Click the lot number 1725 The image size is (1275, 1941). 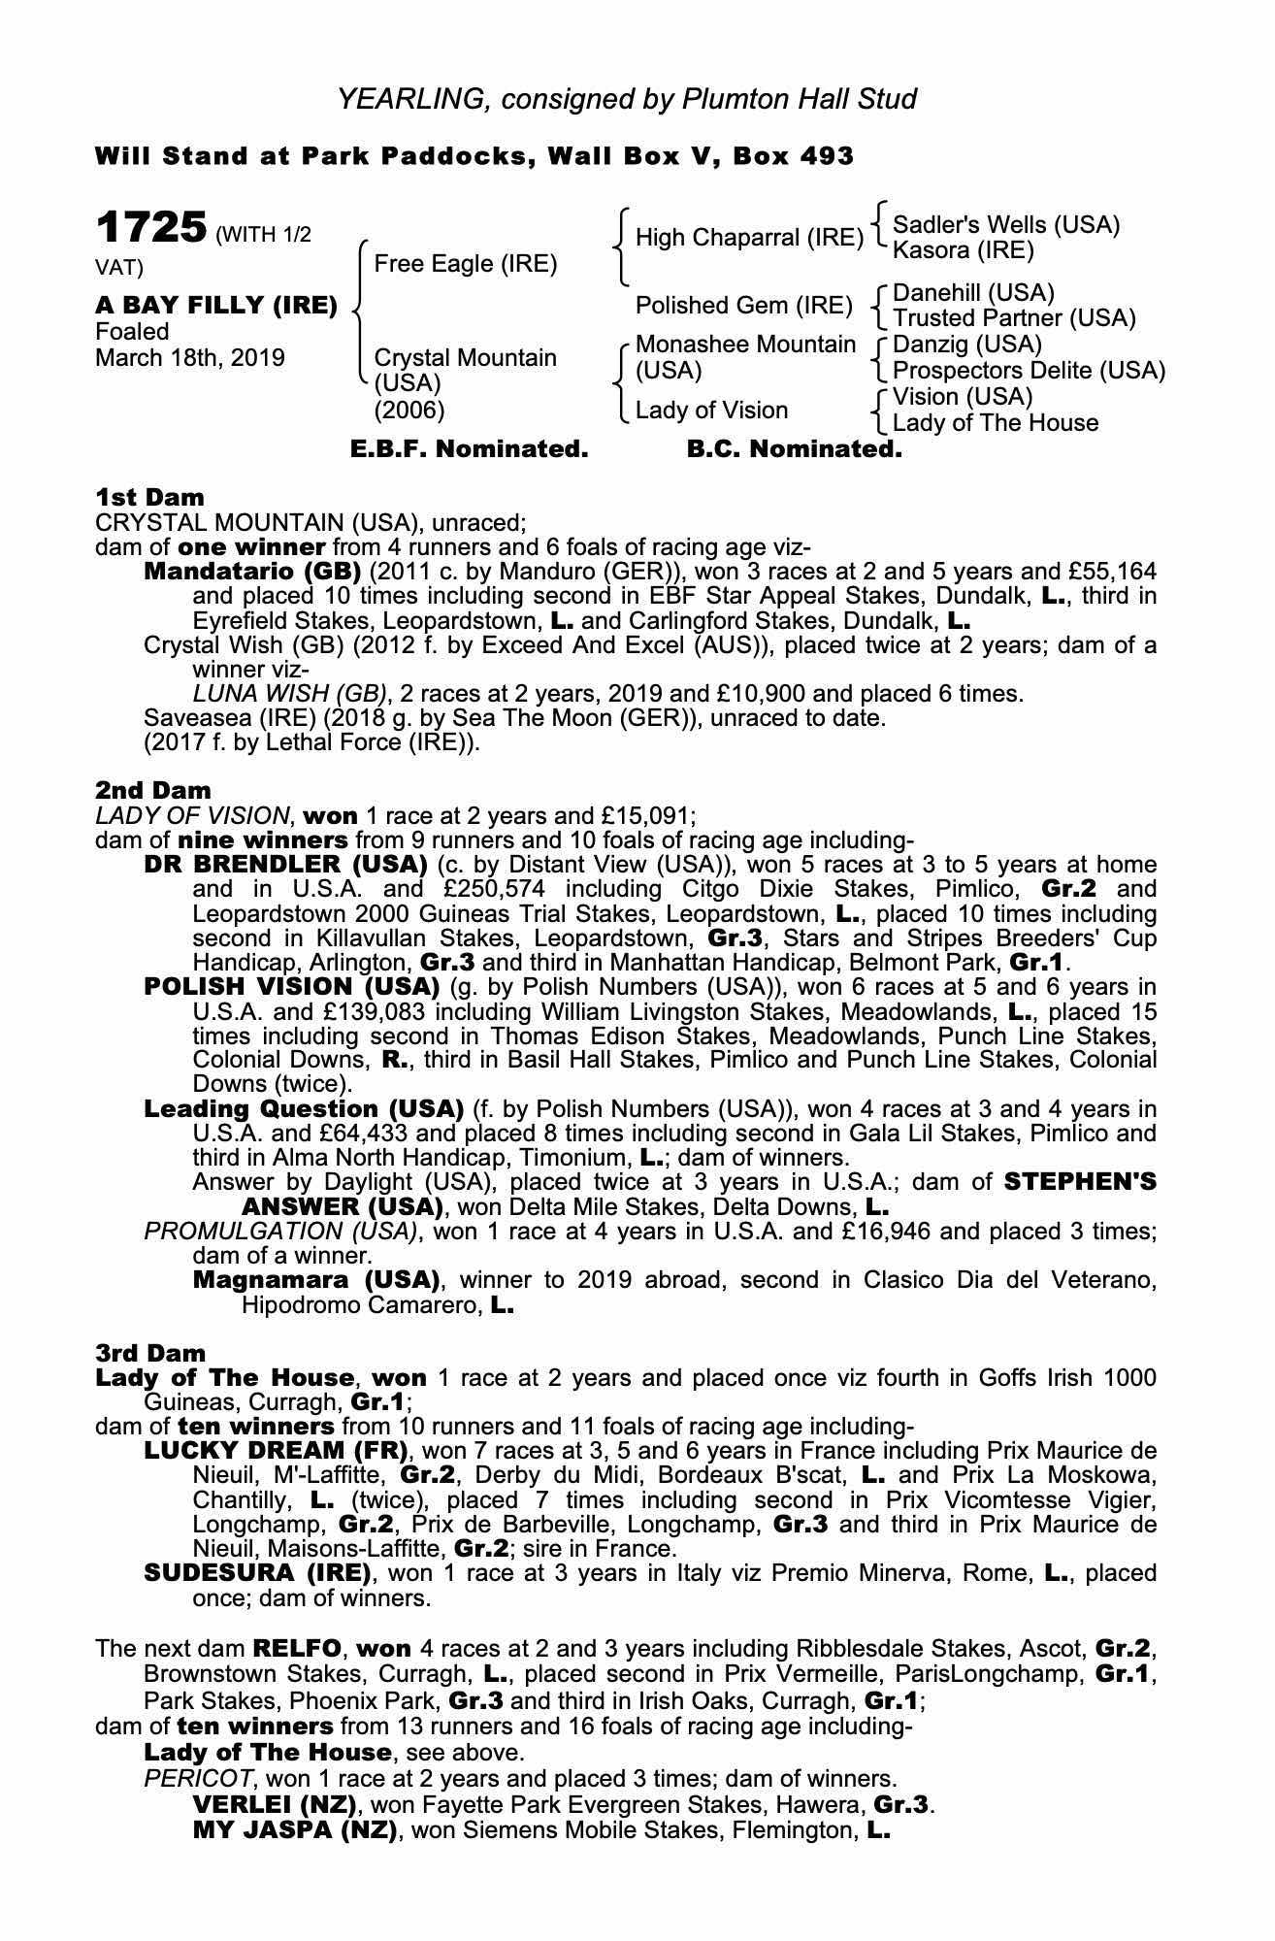coord(151,229)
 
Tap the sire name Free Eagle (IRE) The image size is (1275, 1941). coord(465,264)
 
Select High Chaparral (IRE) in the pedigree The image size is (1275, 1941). coord(748,238)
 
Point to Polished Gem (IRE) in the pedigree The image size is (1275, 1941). coord(743,306)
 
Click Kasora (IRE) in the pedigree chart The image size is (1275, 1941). coord(963,251)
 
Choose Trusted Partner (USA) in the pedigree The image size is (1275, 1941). coord(1013,318)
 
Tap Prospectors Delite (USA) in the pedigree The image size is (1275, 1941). coord(1029,371)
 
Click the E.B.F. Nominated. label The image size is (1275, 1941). coord(469,449)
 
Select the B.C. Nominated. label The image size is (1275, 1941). coord(794,449)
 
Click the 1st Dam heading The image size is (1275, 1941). coord(150,498)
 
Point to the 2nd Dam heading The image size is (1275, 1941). coord(153,790)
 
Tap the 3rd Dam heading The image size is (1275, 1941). coord(150,1353)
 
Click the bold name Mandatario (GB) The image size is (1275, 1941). coord(252,571)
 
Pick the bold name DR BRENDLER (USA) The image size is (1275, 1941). coord(285,864)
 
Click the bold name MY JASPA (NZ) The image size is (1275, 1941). coord(295,1830)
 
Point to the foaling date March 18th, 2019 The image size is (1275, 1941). coord(190,358)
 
